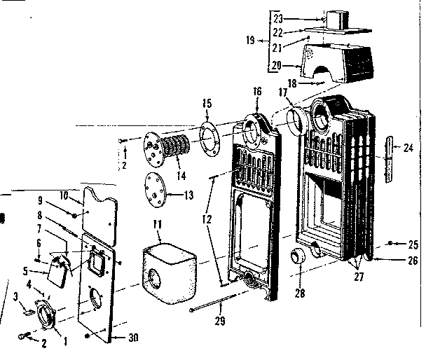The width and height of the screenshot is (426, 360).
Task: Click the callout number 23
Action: pos(277,18)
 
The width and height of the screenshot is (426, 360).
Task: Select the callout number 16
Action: pos(257,91)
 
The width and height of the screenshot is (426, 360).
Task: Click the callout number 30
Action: pos(132,338)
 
